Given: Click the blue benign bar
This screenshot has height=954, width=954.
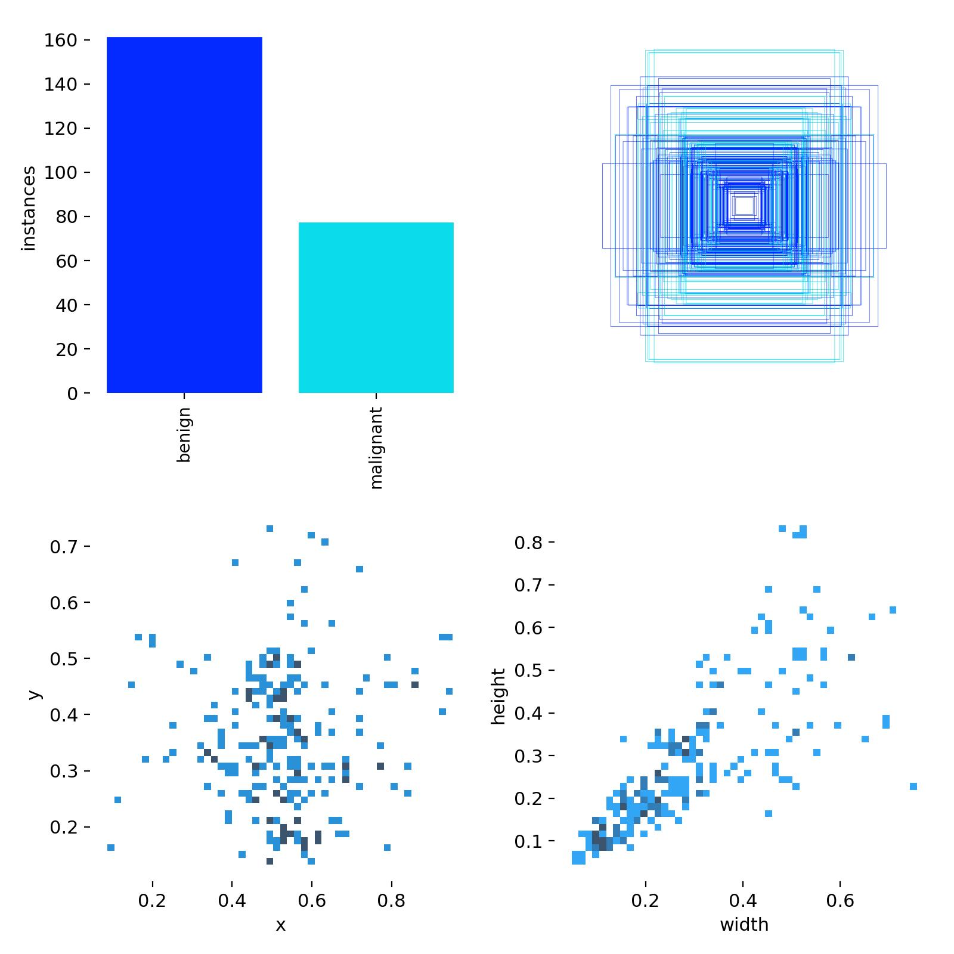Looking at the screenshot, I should (184, 215).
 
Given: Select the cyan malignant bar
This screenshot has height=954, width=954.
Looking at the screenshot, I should (376, 307).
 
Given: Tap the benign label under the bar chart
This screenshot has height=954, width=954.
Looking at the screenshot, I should (184, 434).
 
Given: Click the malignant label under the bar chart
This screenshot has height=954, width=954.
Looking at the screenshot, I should (376, 448).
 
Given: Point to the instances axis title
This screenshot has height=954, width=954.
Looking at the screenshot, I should (29, 209).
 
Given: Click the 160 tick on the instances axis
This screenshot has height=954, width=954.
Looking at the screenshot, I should (61, 40).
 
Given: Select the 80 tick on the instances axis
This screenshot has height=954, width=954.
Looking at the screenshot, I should (66, 216).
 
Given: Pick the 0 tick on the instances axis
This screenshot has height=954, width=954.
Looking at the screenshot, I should (72, 394).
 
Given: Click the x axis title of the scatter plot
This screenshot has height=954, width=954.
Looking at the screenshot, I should (280, 925).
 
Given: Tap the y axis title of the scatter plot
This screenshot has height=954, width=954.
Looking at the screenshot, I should (35, 694).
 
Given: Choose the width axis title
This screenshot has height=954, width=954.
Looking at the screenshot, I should (744, 925).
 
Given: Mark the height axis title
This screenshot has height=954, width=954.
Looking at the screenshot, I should (498, 696).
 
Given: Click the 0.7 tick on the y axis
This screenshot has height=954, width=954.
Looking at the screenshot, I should (64, 546).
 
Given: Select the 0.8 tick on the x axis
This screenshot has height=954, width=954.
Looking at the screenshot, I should (391, 900).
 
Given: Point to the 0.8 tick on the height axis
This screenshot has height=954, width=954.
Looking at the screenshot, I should (528, 542).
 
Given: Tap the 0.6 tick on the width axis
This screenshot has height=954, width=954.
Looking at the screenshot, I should (840, 900).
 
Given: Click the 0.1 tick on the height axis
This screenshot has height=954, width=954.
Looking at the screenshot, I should (528, 841).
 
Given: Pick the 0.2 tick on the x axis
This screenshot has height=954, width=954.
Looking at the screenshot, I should (153, 900).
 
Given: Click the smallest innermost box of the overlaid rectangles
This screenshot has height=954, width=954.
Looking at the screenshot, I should (744, 206).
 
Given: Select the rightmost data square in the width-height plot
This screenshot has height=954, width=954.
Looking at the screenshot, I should (913, 786).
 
